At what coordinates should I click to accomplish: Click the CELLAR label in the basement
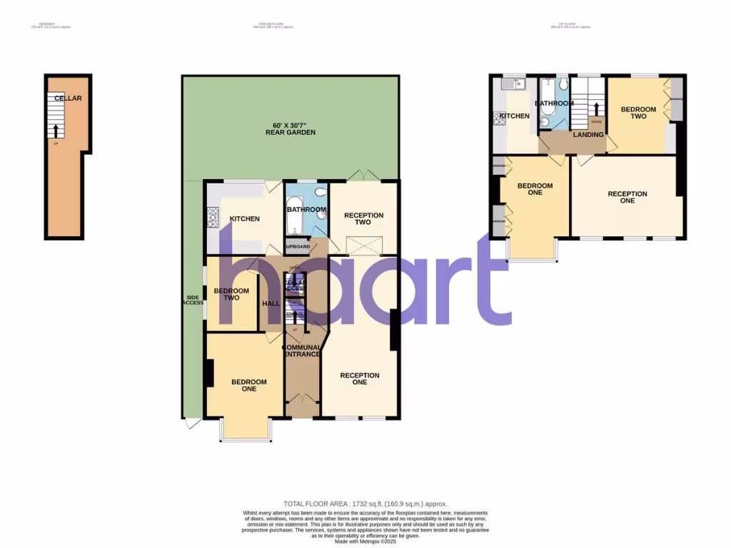point(69,98)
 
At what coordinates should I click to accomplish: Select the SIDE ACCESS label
point(193,300)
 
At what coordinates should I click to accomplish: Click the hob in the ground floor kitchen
point(211,218)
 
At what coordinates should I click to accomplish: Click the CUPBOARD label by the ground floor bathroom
point(298,247)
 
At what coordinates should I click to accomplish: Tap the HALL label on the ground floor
point(271,304)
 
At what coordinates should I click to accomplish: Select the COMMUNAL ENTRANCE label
point(303,350)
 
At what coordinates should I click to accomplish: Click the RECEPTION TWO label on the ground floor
point(363,218)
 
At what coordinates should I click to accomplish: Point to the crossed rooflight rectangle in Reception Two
point(363,244)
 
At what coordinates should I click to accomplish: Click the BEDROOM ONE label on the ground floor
point(248,385)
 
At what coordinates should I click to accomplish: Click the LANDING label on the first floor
point(588,134)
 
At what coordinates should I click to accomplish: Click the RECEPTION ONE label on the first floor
point(627,197)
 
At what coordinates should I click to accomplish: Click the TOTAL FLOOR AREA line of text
point(365,504)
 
